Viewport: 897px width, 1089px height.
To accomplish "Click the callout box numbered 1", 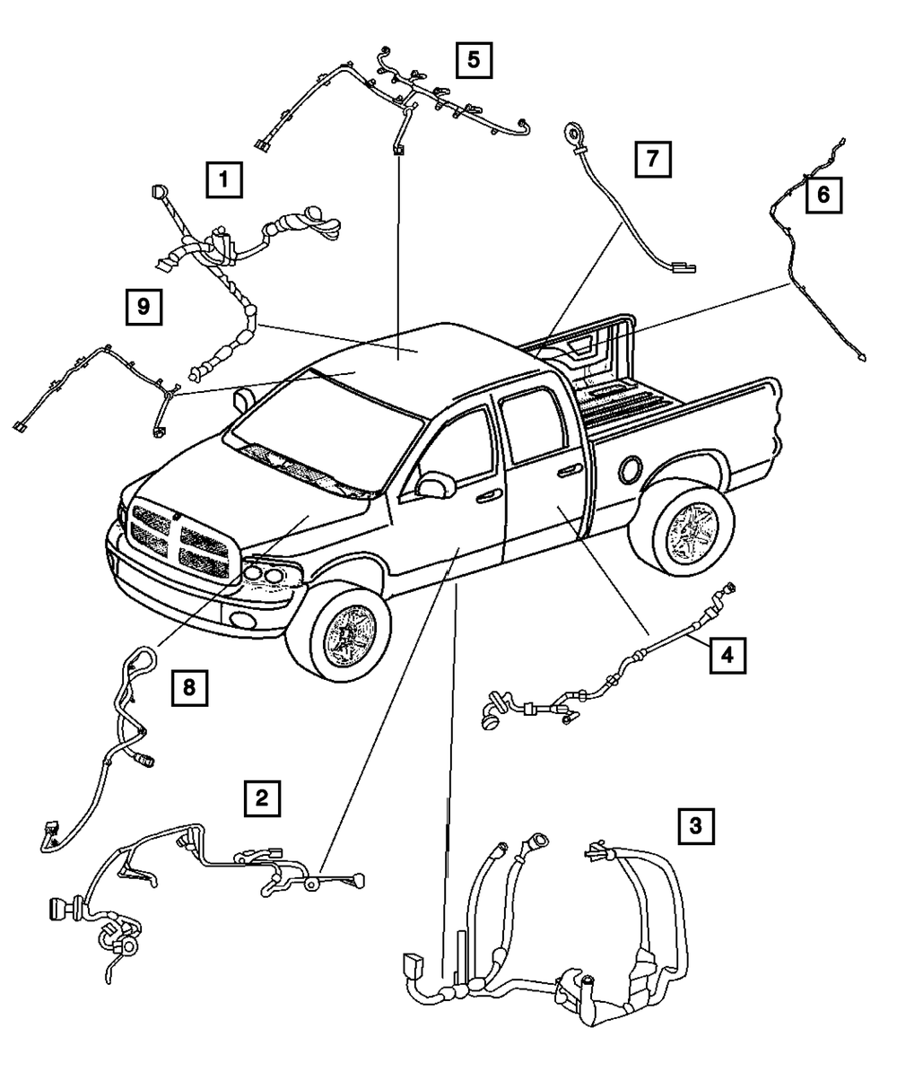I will [223, 179].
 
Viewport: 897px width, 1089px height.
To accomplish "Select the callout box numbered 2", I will [261, 797].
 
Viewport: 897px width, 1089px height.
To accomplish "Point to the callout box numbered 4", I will [727, 655].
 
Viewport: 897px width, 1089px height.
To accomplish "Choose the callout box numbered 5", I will [474, 60].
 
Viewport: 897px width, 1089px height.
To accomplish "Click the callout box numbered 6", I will [823, 192].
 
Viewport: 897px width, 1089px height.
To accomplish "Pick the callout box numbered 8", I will [189, 689].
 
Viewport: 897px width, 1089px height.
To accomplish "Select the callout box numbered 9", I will [143, 308].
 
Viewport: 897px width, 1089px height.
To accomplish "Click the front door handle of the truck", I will [489, 495].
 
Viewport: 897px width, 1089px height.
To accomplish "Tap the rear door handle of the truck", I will [567, 470].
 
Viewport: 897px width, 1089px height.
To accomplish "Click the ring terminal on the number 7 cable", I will [571, 135].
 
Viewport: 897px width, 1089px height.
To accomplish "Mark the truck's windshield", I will [322, 423].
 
